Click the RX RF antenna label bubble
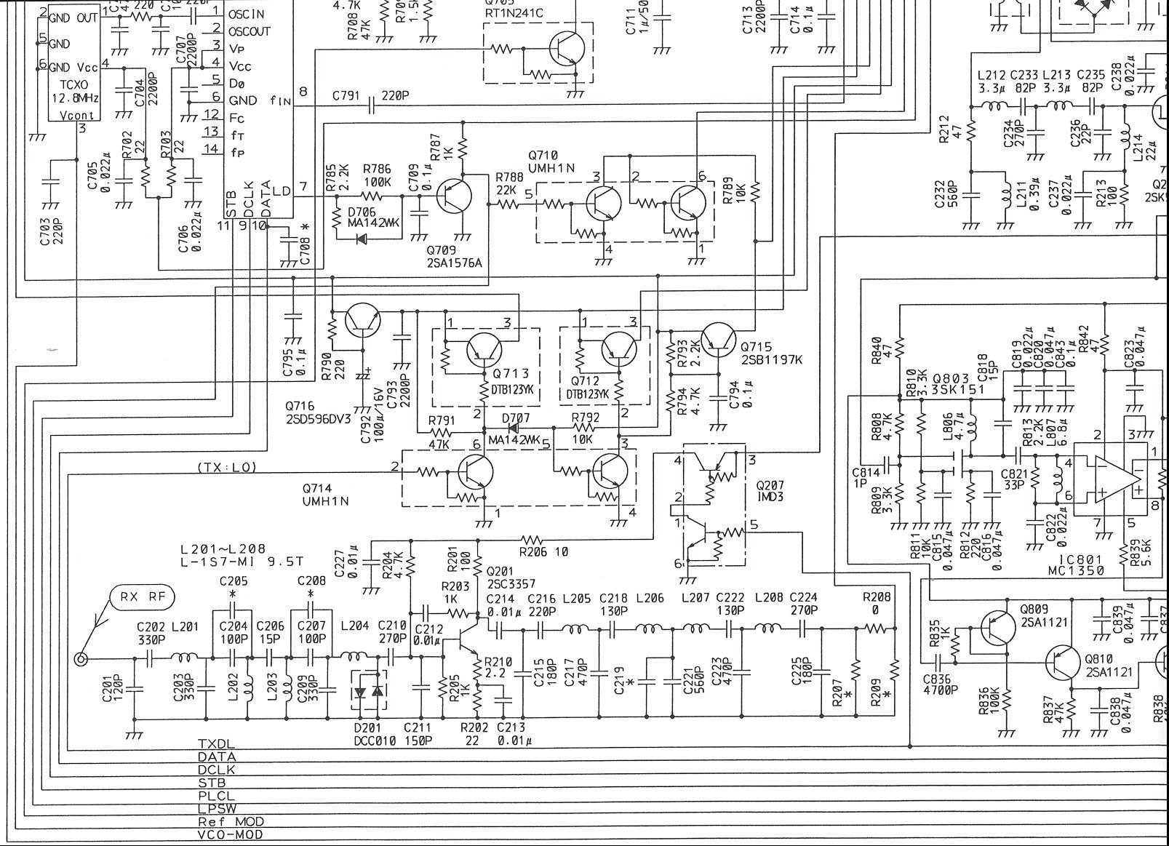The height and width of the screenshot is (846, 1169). [x=143, y=598]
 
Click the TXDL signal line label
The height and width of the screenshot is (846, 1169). [x=216, y=745]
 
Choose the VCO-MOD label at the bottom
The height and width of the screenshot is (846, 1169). [x=230, y=835]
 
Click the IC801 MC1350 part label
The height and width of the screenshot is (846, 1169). [x=1080, y=565]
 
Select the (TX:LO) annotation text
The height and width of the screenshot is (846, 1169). [x=226, y=468]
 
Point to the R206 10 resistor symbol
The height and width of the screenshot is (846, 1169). [x=532, y=540]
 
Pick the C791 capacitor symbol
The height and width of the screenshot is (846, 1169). [x=372, y=107]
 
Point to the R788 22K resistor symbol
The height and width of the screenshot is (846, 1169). [x=508, y=205]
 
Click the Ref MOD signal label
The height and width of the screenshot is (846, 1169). [x=231, y=822]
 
